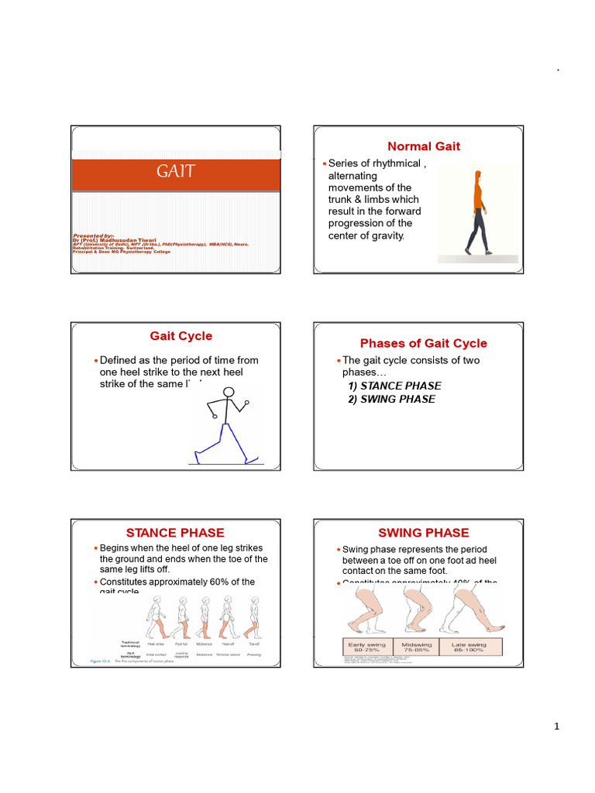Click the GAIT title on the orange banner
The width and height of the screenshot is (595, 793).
[176, 172]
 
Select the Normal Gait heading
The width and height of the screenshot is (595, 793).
[424, 146]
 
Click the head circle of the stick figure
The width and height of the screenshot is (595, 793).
[229, 393]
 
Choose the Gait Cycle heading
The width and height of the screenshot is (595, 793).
[181, 336]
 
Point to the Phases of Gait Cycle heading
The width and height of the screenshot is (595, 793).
[424, 343]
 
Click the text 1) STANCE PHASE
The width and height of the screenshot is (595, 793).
[394, 386]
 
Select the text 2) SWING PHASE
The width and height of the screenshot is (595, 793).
[391, 399]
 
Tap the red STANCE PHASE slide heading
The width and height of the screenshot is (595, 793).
[175, 533]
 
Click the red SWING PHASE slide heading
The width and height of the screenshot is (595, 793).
[423, 533]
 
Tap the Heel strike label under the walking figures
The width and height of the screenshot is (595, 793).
[156, 643]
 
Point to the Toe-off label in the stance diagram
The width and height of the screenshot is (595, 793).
[253, 643]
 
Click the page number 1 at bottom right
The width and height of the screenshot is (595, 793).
[556, 726]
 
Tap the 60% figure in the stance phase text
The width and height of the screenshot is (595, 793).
[211, 582]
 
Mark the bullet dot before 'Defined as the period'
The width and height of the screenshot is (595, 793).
[95, 361]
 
